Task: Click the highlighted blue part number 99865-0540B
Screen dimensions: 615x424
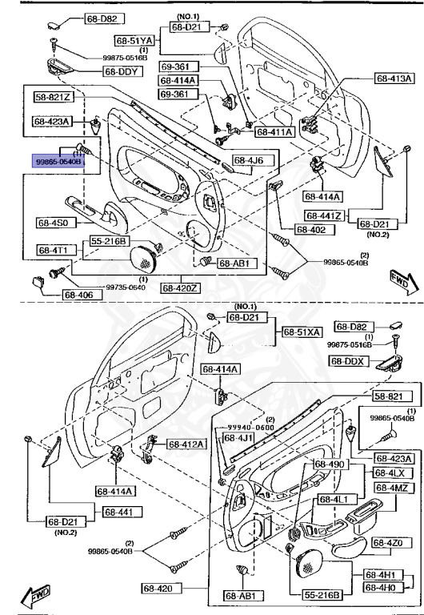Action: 56,160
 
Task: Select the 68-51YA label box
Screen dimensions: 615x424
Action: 133,40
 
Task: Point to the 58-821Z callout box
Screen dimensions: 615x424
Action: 54,98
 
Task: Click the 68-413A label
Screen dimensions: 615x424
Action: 394,78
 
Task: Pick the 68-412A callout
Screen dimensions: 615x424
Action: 186,444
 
